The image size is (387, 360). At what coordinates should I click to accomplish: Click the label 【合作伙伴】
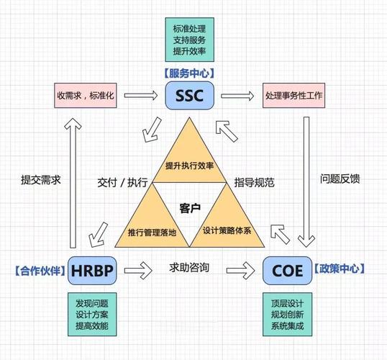(39, 271)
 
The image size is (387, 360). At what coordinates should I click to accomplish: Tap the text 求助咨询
(190, 269)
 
